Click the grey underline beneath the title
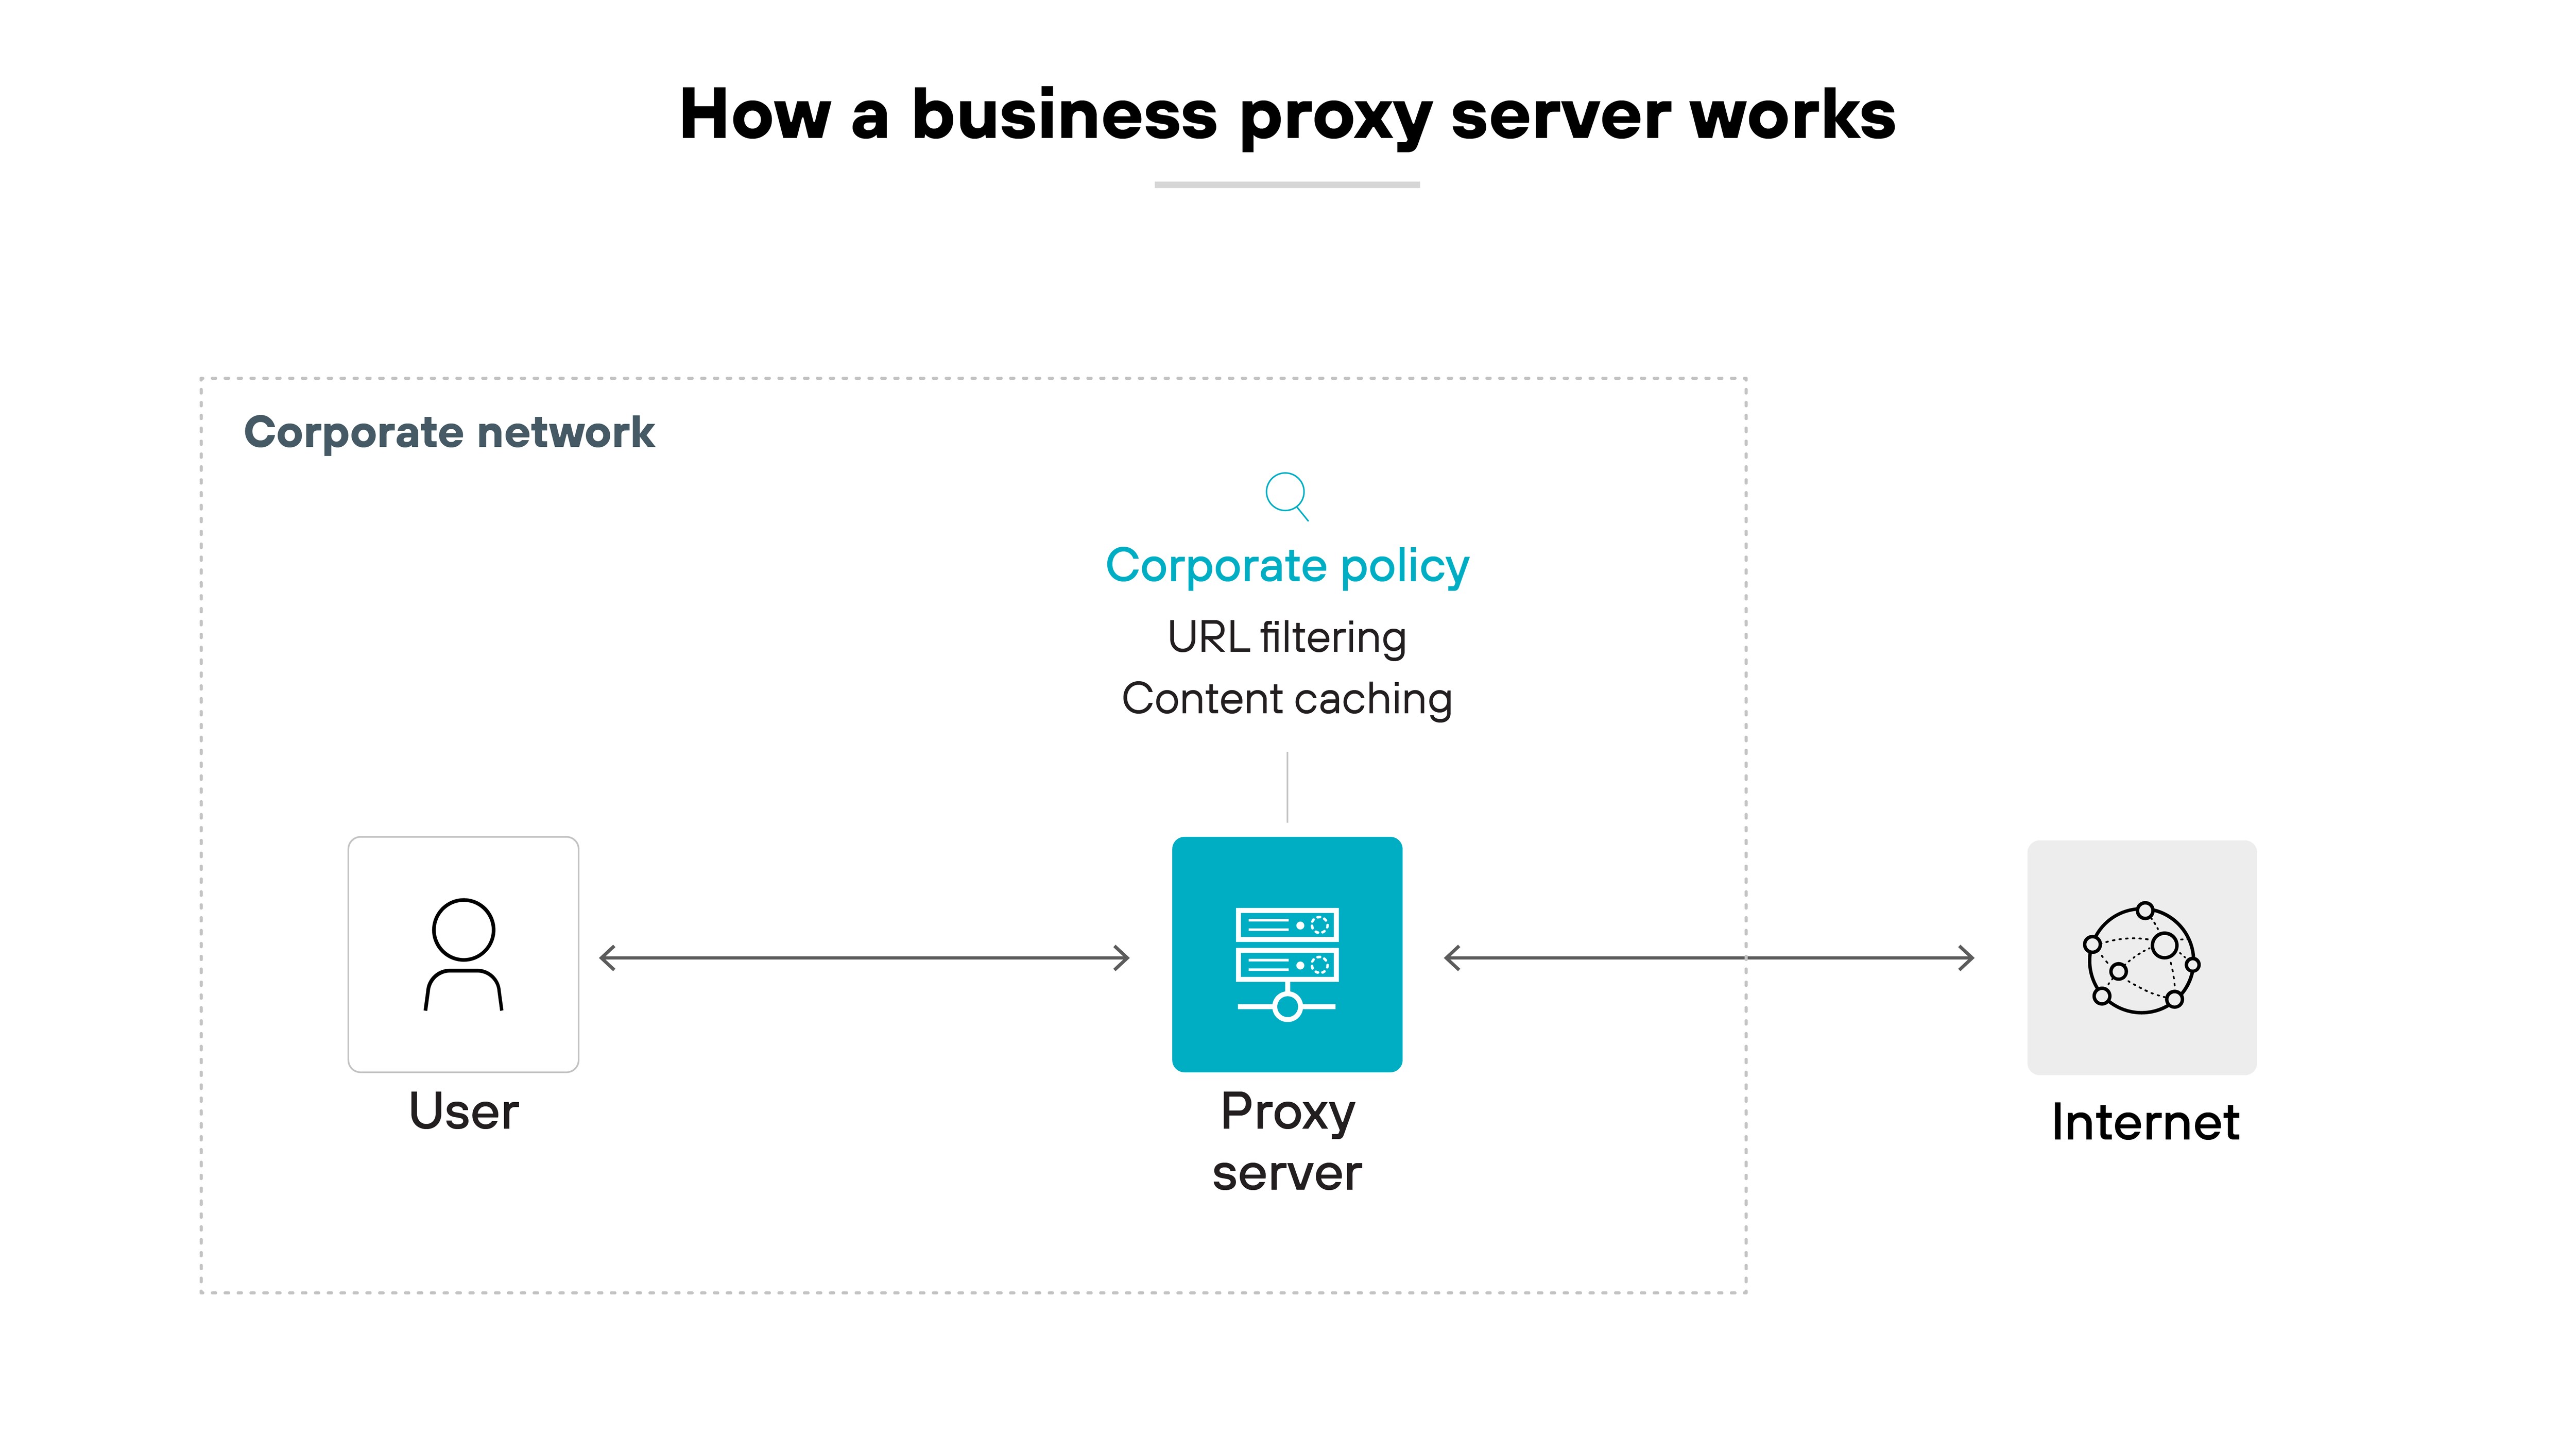pos(1286,184)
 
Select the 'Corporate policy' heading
pos(1286,566)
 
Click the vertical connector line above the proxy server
pos(1287,787)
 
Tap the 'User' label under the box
pos(464,1111)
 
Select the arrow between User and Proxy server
pos(865,958)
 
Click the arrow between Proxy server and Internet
pos(1709,958)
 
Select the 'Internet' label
pos(2144,1122)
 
